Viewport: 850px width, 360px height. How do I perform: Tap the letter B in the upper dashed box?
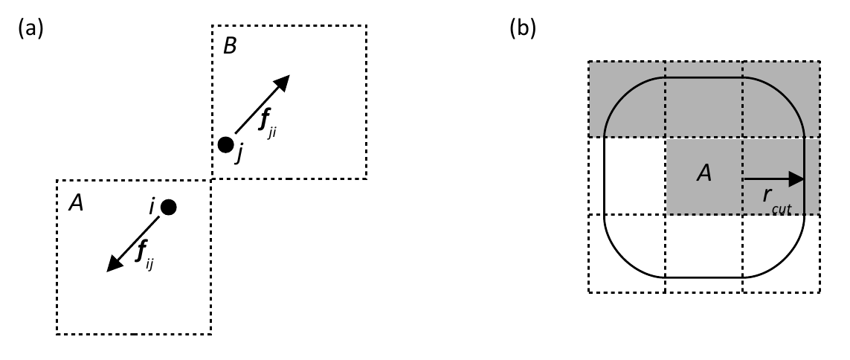point(230,47)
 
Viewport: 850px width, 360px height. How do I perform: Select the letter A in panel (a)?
point(76,203)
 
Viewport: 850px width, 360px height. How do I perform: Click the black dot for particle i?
point(169,207)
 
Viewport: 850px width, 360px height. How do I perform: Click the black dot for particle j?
point(225,145)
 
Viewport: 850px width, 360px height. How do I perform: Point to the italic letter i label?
point(152,208)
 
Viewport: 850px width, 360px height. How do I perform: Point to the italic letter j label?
point(239,155)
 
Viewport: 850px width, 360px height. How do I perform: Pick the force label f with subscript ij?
point(145,253)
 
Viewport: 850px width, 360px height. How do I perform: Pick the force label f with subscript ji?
point(268,125)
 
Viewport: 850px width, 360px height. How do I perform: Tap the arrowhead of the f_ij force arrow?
point(113,265)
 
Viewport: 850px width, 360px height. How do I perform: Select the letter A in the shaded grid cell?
point(703,173)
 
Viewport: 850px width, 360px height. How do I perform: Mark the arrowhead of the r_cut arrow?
point(797,179)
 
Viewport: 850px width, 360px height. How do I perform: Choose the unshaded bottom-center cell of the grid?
point(703,253)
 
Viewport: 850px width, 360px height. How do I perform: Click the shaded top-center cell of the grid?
point(703,99)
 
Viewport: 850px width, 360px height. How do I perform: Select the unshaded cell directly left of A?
point(627,176)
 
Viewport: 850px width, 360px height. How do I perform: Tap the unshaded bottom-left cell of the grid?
point(627,253)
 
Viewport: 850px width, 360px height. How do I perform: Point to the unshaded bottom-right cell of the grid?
point(781,253)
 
